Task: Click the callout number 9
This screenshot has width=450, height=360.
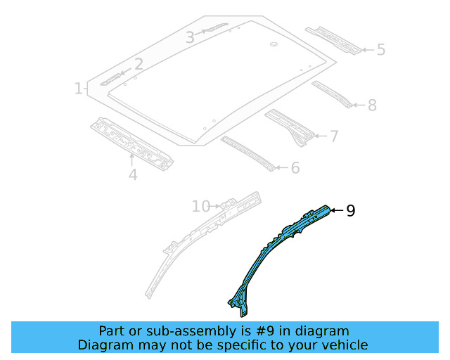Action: [x=351, y=210]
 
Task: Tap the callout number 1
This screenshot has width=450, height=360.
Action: [x=79, y=89]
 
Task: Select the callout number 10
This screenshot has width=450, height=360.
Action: [x=200, y=206]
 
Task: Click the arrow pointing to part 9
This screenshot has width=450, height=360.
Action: [x=335, y=210]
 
